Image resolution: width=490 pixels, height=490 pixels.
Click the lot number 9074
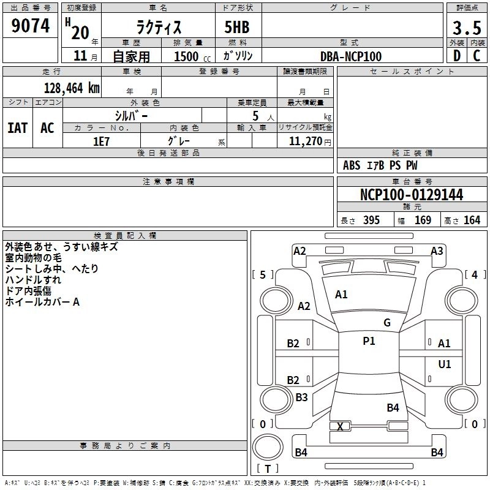coord(31,26)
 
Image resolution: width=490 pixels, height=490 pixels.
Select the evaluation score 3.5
coord(466,28)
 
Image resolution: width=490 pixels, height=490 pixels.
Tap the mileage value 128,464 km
coord(72,88)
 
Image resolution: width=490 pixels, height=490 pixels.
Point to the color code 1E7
coord(101,141)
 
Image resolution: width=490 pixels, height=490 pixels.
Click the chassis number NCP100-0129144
coord(412,195)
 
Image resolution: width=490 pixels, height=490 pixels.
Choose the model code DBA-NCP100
coord(351,56)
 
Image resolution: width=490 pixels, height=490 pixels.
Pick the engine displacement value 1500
coord(186,56)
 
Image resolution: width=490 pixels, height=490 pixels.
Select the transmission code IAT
coord(17,128)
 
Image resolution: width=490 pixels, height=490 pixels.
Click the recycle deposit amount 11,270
coord(306,141)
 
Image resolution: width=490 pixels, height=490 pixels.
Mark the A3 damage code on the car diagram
coord(437,251)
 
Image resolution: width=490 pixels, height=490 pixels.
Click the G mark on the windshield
coord(387,323)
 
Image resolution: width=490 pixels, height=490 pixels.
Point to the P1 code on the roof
coord(369,341)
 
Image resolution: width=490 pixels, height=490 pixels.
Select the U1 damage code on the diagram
coord(445,364)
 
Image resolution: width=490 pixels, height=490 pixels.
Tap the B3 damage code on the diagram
coord(301,398)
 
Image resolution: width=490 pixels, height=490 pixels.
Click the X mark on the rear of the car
coord(340,426)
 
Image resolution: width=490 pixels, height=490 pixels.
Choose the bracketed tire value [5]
coord(263,275)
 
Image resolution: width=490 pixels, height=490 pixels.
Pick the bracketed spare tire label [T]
coord(267,469)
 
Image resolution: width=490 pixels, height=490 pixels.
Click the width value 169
coord(423,221)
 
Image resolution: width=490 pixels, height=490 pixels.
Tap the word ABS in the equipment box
coord(352,165)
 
